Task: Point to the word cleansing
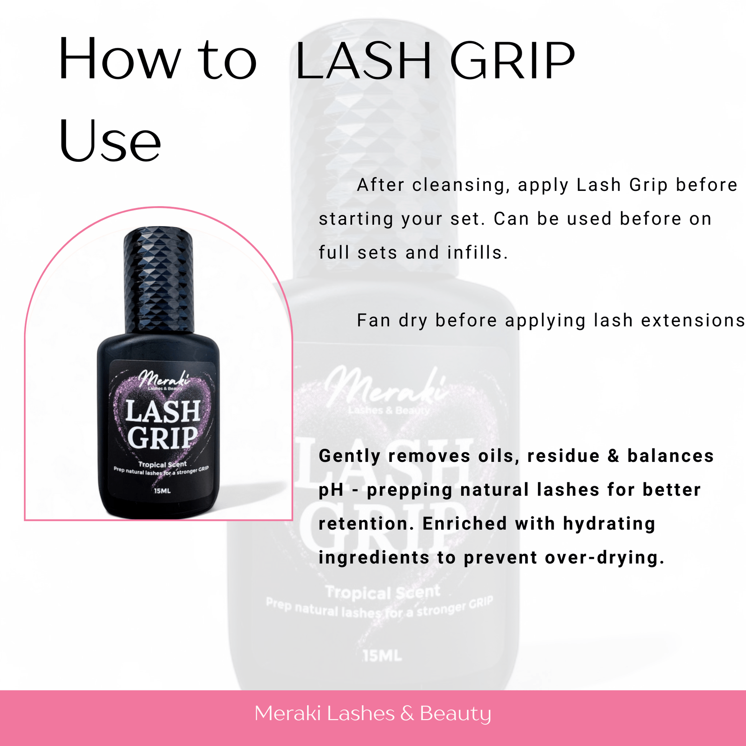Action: click(459, 185)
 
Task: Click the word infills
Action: click(477, 253)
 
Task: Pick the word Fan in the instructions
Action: click(373, 320)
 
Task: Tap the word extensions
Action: click(693, 320)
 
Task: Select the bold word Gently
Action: click(350, 457)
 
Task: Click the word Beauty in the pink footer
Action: click(455, 713)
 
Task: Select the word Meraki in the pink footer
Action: click(288, 713)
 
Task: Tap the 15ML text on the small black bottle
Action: click(162, 491)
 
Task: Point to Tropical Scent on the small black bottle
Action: click(163, 464)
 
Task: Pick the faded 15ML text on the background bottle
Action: click(382, 656)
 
